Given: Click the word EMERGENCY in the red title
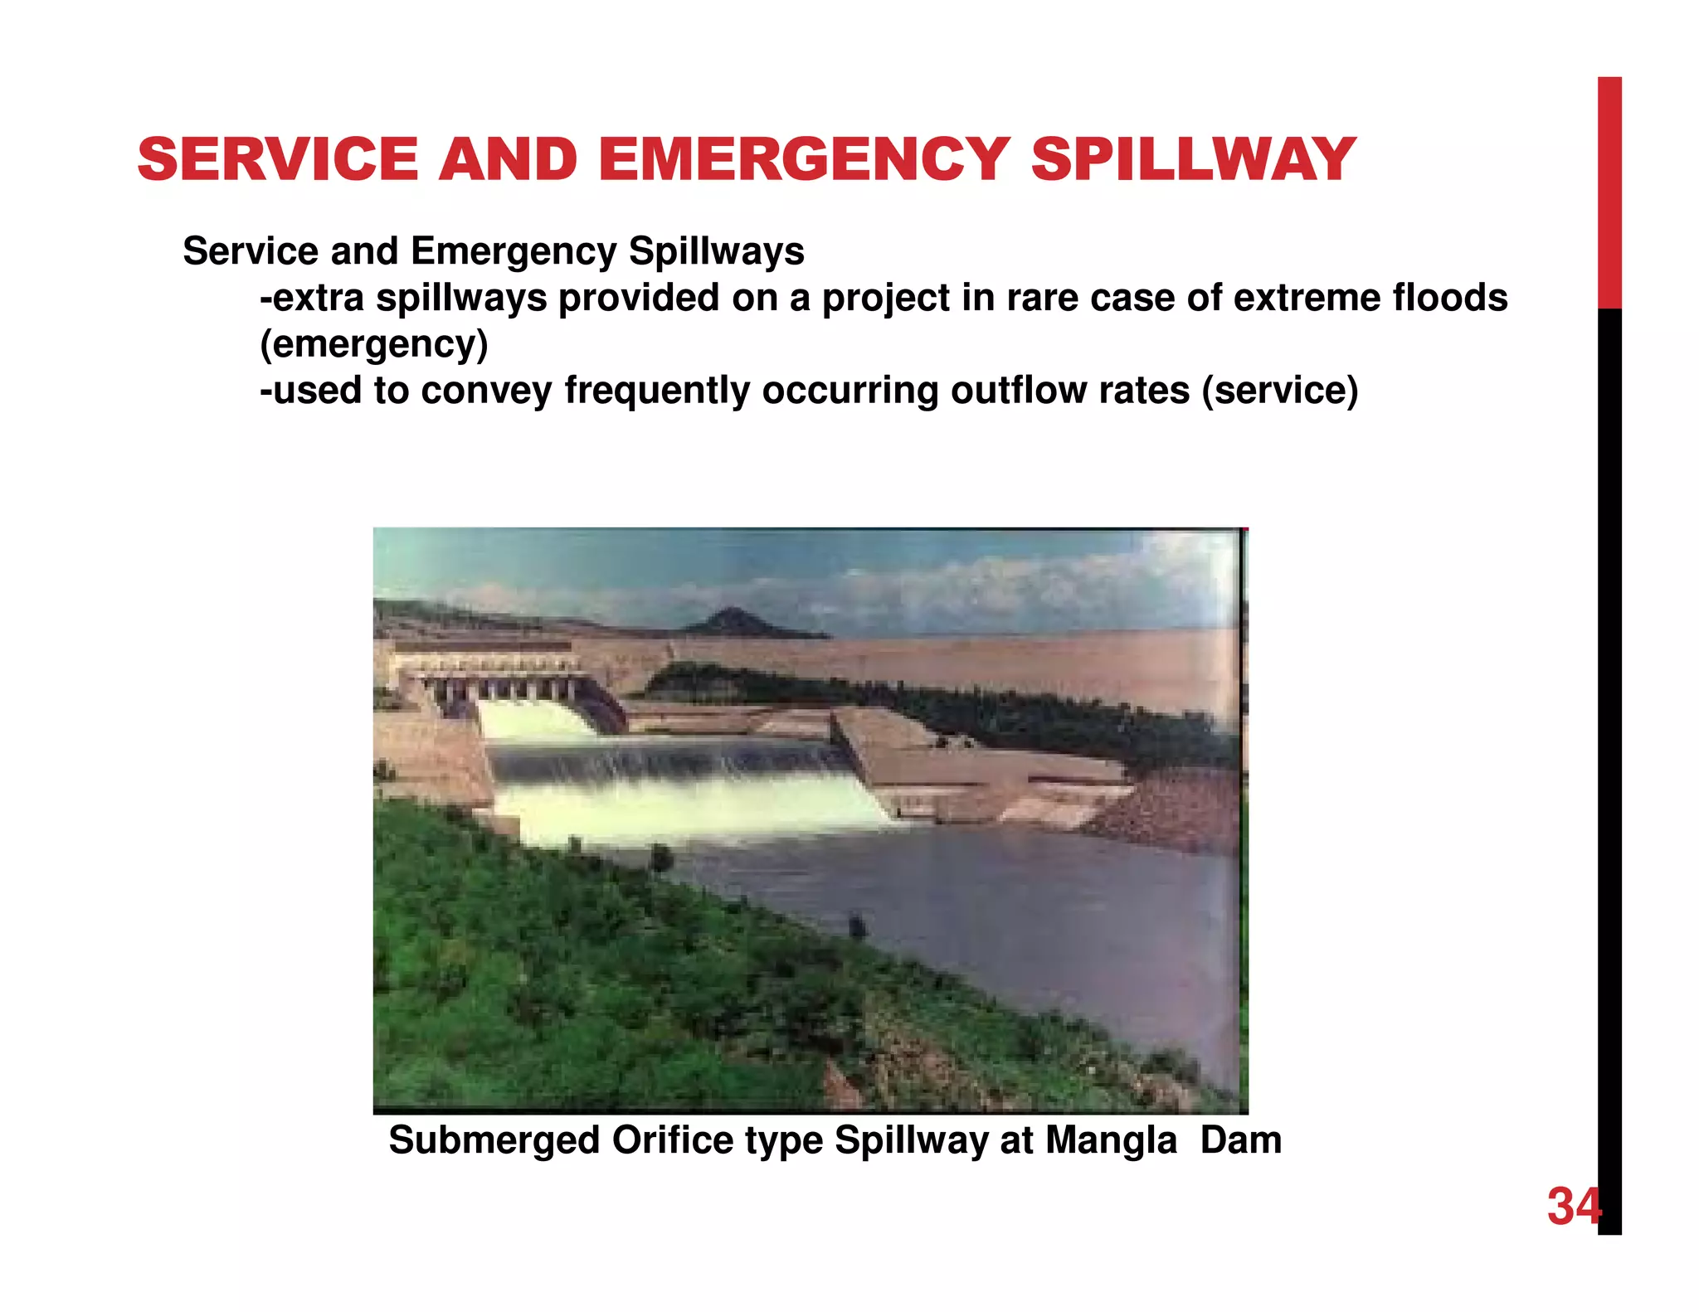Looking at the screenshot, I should [x=803, y=159].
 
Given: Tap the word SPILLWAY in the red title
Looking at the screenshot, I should [x=1193, y=159].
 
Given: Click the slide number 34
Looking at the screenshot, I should [x=1573, y=1206].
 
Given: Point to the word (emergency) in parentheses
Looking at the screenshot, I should [x=374, y=344].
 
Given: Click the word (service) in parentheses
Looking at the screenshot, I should [x=1280, y=390].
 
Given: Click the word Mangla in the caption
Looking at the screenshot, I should [x=1111, y=1140].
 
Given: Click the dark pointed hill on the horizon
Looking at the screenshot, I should [x=732, y=621].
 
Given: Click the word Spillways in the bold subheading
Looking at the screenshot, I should [x=717, y=251].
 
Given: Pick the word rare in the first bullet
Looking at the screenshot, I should [x=1042, y=298].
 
